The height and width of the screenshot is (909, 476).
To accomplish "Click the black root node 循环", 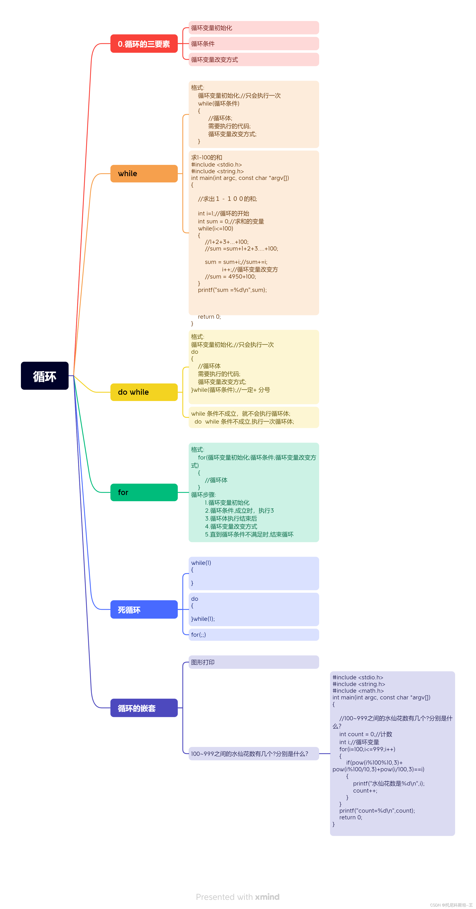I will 45,376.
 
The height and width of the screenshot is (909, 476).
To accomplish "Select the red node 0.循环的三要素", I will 144,44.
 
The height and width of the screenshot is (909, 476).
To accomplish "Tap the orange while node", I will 144,174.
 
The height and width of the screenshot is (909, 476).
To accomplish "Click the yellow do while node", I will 144,392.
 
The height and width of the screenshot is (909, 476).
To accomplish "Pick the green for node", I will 144,492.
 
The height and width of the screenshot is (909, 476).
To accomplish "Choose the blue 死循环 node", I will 144,609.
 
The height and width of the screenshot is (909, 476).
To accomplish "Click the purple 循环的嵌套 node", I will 144,708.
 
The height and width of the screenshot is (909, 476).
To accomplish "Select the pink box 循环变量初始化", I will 253,28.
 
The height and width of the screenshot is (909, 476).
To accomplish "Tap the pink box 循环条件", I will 253,44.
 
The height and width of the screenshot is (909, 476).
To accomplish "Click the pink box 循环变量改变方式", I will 253,60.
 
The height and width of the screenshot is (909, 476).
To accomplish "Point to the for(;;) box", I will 253,634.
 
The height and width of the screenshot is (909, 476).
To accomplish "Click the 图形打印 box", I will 253,662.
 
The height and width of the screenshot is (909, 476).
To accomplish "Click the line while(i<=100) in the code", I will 215,229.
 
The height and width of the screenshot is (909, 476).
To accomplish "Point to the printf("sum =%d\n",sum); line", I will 232,290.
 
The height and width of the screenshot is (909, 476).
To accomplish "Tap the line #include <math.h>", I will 358,691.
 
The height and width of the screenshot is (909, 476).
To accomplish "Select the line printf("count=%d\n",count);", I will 377,811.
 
